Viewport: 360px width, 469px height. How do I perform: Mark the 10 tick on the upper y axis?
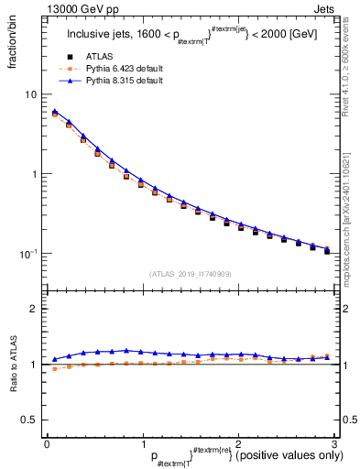click(31, 94)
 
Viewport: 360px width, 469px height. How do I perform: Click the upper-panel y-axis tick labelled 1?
click(34, 174)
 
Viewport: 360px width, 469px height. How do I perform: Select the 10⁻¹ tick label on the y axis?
click(29, 254)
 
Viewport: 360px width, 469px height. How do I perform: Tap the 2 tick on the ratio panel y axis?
click(34, 309)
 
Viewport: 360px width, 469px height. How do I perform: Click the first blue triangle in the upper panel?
click(55, 112)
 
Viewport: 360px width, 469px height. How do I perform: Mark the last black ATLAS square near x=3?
click(327, 251)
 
